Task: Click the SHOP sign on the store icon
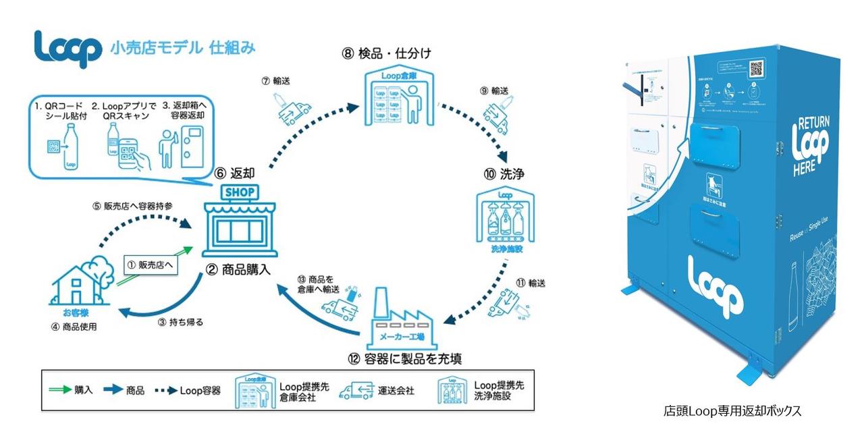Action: tap(240, 192)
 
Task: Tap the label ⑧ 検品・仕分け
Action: tap(387, 52)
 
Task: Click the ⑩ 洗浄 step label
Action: tap(504, 174)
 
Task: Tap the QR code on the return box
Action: tap(755, 68)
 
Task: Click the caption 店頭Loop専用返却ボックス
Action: tap(732, 410)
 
